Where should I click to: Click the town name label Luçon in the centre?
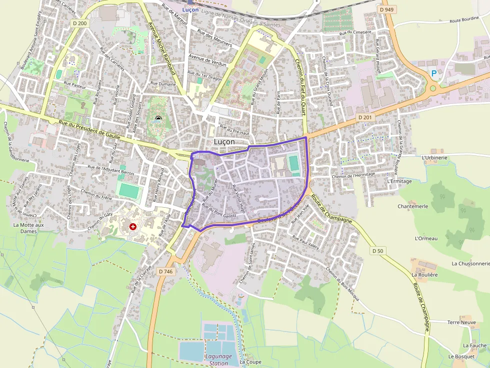[224, 142]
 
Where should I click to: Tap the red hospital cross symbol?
[133, 226]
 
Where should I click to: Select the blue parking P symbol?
[433, 73]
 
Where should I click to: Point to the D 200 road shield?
[79, 23]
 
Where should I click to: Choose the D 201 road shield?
[366, 117]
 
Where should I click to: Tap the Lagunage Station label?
[218, 360]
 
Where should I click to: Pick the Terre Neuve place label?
[461, 323]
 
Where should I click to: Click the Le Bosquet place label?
[460, 357]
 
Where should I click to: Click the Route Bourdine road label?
[464, 21]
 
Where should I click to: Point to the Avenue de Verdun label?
[207, 60]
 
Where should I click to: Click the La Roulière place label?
[424, 275]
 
